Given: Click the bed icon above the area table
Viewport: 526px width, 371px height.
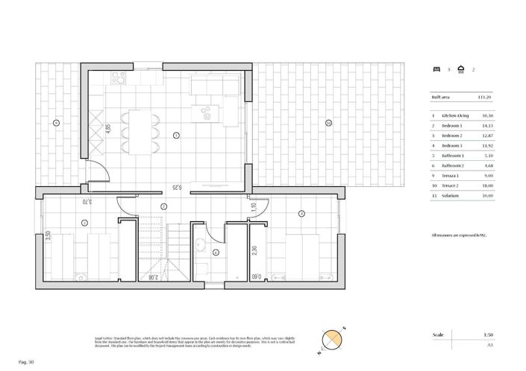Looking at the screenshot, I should (436, 69).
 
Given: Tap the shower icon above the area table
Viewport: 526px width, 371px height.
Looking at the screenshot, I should (462, 69).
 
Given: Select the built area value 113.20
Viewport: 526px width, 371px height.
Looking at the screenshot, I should (486, 97).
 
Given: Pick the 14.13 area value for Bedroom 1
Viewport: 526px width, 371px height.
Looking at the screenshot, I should (486, 126).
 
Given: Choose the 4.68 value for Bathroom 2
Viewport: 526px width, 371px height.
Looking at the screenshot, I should (488, 165).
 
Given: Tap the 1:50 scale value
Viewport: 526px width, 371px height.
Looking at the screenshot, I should (487, 335).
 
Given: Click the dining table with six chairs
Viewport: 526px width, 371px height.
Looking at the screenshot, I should (141, 130).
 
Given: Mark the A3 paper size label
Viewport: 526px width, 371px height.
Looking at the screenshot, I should (489, 346).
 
